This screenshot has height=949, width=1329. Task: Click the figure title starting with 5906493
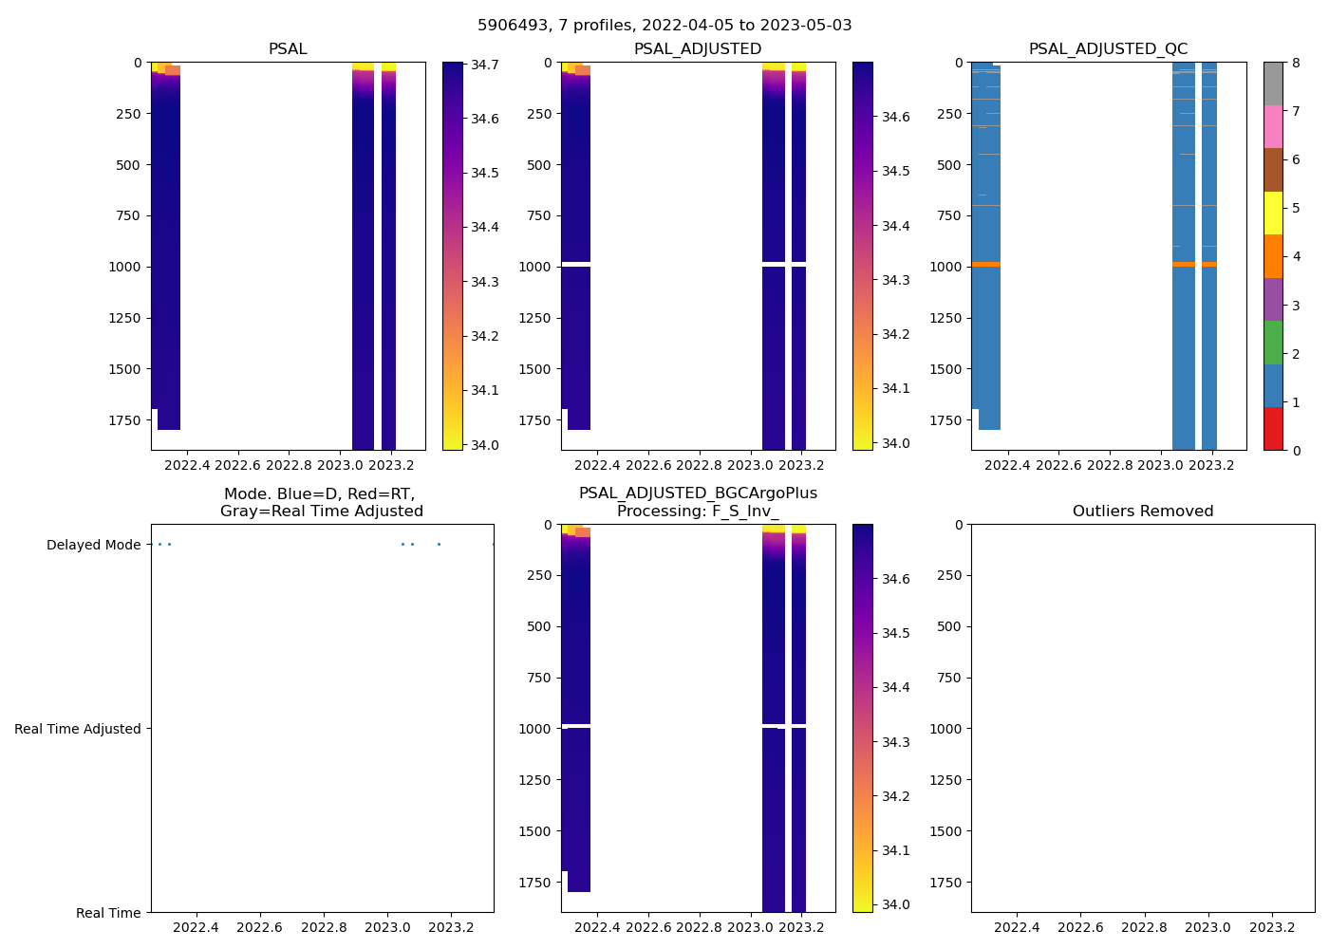(664, 26)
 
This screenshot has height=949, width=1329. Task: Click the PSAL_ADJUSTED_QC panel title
(1108, 49)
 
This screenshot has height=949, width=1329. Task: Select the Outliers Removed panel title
(1142, 512)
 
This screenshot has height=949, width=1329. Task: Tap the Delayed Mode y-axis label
(93, 545)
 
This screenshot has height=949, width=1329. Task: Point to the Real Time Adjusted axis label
(78, 729)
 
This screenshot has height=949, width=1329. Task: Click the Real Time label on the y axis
(108, 913)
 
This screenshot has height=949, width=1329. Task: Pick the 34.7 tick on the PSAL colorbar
(485, 65)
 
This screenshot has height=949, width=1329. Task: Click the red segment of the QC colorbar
(1273, 428)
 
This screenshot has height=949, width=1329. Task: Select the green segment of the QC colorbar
(1273, 342)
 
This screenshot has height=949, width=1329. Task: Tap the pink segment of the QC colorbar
(1273, 126)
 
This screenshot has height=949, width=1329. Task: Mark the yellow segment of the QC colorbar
(1273, 213)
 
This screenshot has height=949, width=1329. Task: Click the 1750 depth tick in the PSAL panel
(126, 419)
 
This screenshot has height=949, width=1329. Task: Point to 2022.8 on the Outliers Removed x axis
(1144, 927)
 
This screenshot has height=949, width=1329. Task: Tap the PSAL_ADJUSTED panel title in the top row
(698, 49)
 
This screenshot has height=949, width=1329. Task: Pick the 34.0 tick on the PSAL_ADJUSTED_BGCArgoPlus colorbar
(895, 904)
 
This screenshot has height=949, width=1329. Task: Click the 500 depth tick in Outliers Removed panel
(950, 626)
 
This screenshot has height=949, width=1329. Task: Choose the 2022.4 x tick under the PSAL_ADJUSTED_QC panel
(1007, 465)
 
